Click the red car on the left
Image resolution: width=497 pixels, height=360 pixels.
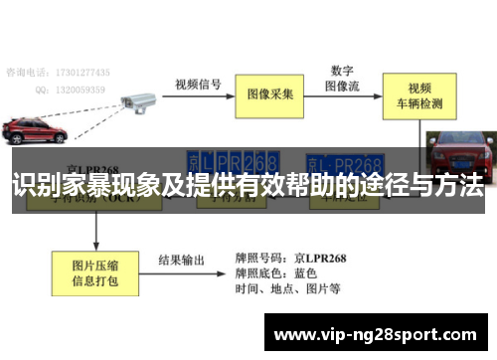(34, 130)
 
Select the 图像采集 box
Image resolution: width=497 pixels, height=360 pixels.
(269, 94)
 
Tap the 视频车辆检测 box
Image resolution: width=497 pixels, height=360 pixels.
(425, 94)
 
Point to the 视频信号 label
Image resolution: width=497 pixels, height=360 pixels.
(197, 84)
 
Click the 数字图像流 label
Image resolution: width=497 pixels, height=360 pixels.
(343, 78)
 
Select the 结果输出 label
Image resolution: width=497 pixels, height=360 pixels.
(181, 261)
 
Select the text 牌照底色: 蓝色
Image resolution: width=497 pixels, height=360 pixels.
(277, 272)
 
